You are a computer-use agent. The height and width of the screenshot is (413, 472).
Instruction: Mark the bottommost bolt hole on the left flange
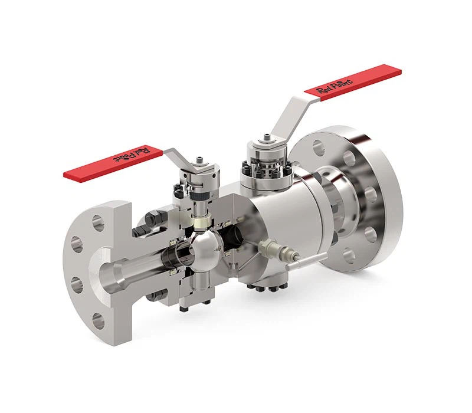(x=98, y=322)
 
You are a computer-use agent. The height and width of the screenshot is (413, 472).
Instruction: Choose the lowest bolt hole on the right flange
(x=349, y=257)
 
